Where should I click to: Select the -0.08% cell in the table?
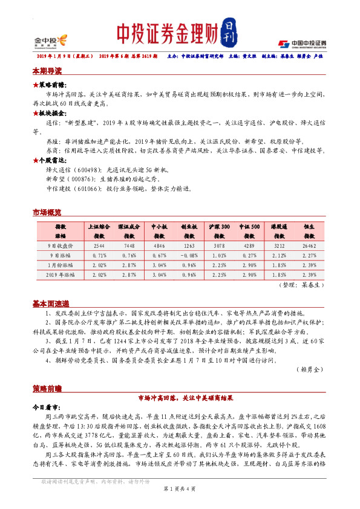pyautogui.click(x=188, y=255)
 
